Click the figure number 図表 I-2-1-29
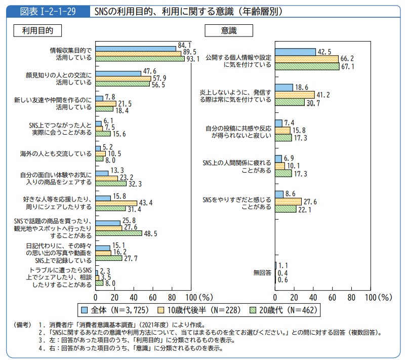pos(48,11)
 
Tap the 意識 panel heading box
pos(228,30)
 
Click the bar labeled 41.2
pos(295,95)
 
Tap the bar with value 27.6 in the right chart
pos(288,202)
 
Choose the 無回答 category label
pos(262,273)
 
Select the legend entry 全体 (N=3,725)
pos(106,309)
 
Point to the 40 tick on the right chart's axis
pos(313,297)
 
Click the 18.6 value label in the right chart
pos(302,87)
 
